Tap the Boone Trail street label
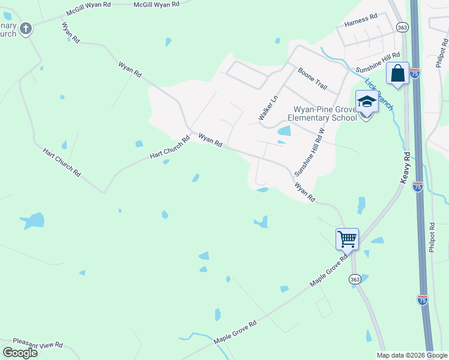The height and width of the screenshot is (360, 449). pyautogui.click(x=312, y=79)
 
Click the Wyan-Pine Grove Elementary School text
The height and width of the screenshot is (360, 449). pyautogui.click(x=324, y=113)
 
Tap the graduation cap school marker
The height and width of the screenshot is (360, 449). pyautogui.click(x=367, y=102)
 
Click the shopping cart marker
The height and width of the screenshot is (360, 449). pyautogui.click(x=347, y=239)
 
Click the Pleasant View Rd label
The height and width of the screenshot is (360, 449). pyautogui.click(x=38, y=345)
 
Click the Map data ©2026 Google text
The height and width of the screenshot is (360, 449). pyautogui.click(x=412, y=355)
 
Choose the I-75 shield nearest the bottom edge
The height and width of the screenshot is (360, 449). pyautogui.click(x=423, y=299)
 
